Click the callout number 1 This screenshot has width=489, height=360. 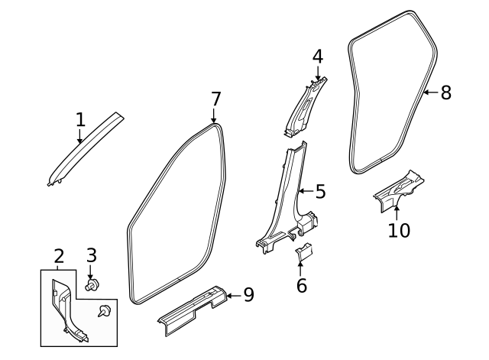pos(79,119)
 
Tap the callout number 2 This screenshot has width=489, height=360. pos(58,256)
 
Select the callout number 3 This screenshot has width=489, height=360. pos(91,255)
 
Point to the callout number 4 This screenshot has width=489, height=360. pos(317,57)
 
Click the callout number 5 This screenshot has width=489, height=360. pos(320,191)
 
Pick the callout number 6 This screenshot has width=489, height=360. pos(301,286)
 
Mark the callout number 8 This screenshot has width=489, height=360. pos(445,92)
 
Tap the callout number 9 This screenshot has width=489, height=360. pos(248,294)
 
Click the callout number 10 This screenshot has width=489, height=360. pos(398,229)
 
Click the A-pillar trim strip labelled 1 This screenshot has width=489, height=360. pos(84,148)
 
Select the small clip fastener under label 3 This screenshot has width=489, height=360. pos(92,286)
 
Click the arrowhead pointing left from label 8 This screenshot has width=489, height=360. pos(426,92)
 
